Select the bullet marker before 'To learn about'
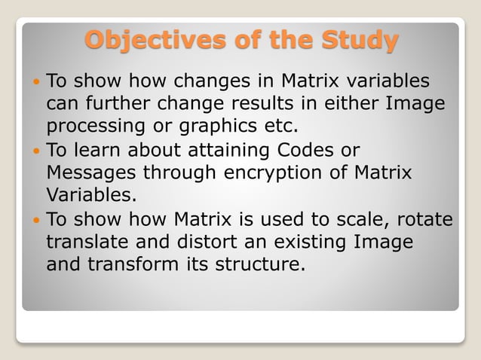point(38,150)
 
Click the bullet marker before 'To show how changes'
point(38,80)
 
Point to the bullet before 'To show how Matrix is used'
point(38,220)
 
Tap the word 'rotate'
point(427,220)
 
